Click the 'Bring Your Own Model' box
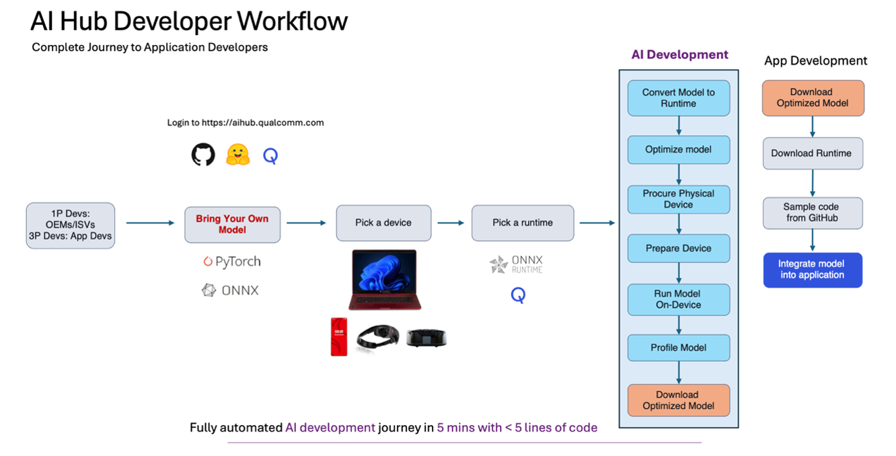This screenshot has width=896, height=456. tap(232, 224)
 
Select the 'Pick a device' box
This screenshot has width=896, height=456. tap(383, 223)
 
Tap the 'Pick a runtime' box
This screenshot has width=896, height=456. tap(523, 223)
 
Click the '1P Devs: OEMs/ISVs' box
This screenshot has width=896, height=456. tap(70, 225)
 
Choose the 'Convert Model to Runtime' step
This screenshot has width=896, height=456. tap(678, 98)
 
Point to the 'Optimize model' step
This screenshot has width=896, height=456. tap(678, 149)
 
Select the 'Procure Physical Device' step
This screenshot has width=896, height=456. tap(678, 199)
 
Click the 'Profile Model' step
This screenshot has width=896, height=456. tap(678, 348)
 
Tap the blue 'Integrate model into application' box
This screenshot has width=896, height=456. tap(812, 270)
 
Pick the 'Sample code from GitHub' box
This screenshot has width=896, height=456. tap(812, 213)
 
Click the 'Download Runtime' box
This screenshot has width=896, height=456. tap(812, 153)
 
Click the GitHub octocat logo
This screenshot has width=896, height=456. tap(203, 155)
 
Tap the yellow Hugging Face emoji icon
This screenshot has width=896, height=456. tap(237, 155)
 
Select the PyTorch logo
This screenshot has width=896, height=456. tap(231, 262)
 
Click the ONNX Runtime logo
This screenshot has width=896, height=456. tap(516, 264)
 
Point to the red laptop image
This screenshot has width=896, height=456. tap(384, 279)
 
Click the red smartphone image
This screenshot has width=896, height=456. tap(339, 336)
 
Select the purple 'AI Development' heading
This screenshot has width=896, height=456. tap(679, 55)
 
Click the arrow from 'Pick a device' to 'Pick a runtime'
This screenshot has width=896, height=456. tap(450, 223)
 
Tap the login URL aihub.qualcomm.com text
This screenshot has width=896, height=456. tap(246, 122)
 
